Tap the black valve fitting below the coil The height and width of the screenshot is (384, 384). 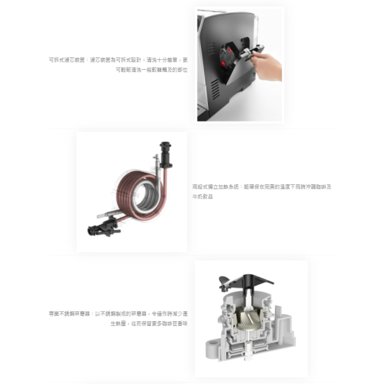(97, 227)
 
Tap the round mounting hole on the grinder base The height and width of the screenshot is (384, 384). (209, 345)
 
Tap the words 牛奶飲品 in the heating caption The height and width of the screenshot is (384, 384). (202, 197)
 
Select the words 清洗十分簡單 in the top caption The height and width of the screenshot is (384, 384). (163, 60)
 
